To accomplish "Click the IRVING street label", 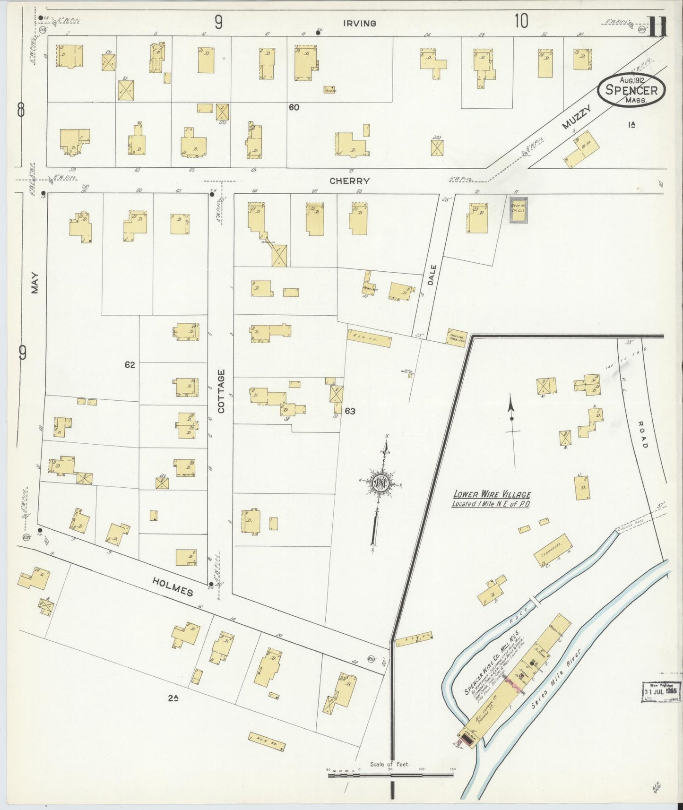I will click(360, 23).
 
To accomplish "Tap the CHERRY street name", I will click(349, 181).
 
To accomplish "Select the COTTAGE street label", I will click(221, 391).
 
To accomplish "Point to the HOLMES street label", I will click(173, 586).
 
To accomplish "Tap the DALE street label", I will click(432, 275).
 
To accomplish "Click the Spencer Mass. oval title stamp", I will click(631, 90).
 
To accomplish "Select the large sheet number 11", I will click(657, 27).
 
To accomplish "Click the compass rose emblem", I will click(380, 483).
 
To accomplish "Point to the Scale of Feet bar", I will click(390, 775).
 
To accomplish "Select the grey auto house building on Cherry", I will click(518, 210).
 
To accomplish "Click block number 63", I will click(350, 411).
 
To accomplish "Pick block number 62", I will click(130, 365).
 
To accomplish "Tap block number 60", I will click(294, 108).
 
